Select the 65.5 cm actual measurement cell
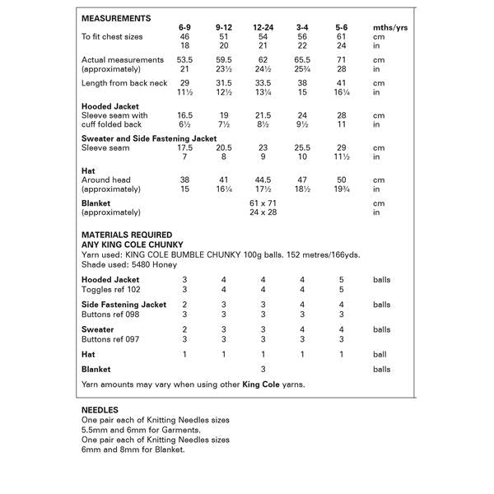tap(302, 60)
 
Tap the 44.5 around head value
tap(263, 179)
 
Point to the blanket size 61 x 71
tap(263, 202)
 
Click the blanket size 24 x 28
tap(263, 211)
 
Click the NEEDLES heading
tap(100, 409)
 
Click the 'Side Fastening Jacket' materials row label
tap(124, 305)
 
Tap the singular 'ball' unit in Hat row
tap(380, 353)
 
